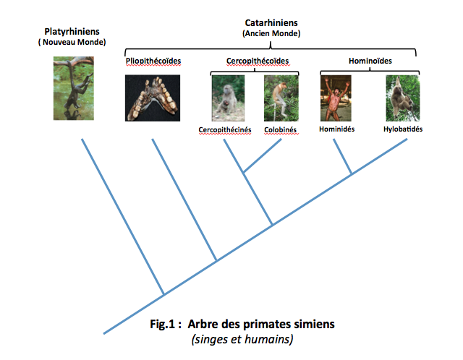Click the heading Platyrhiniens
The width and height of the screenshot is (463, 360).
point(72,32)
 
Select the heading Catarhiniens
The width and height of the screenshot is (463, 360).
point(271,22)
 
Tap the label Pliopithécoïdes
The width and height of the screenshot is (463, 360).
point(153,61)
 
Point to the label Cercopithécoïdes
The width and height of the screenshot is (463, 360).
point(258,61)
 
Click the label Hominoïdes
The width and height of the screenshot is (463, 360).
point(370,61)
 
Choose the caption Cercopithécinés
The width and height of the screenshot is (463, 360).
point(225,130)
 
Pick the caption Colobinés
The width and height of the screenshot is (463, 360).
point(280,130)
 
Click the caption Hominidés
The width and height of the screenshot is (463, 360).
point(336,129)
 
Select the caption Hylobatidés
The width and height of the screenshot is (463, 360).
point(403,129)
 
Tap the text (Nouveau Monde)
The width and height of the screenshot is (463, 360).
point(72,42)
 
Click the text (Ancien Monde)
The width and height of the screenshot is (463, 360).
point(271,33)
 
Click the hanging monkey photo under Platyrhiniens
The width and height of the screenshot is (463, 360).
point(74,88)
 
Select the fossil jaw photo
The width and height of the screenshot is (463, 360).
point(153,98)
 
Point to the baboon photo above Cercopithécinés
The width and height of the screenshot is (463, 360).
point(228,98)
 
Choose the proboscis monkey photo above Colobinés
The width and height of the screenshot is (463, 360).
point(281,98)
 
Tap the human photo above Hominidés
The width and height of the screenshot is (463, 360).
point(336,98)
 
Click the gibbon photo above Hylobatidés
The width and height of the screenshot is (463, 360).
point(402,98)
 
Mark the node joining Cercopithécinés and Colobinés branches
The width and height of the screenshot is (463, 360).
point(243,172)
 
